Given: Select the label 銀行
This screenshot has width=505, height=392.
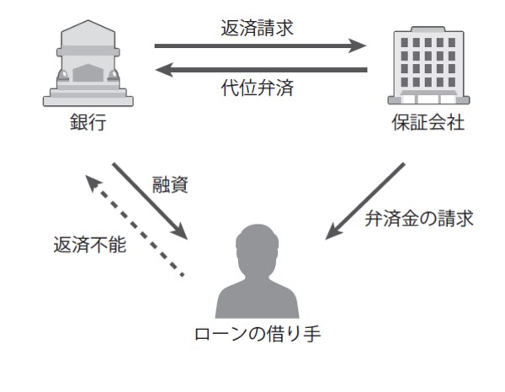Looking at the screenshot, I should pyautogui.click(x=88, y=124).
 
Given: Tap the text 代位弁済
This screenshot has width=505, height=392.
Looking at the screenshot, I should pyautogui.click(x=261, y=86).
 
